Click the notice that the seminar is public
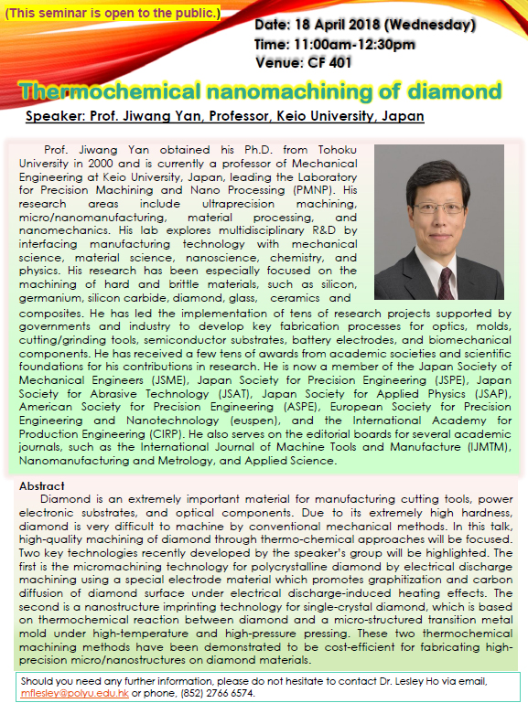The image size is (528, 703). pyautogui.click(x=113, y=13)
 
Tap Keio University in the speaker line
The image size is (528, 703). pyautogui.click(x=340, y=117)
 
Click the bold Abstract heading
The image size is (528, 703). pyautogui.click(x=42, y=485)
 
